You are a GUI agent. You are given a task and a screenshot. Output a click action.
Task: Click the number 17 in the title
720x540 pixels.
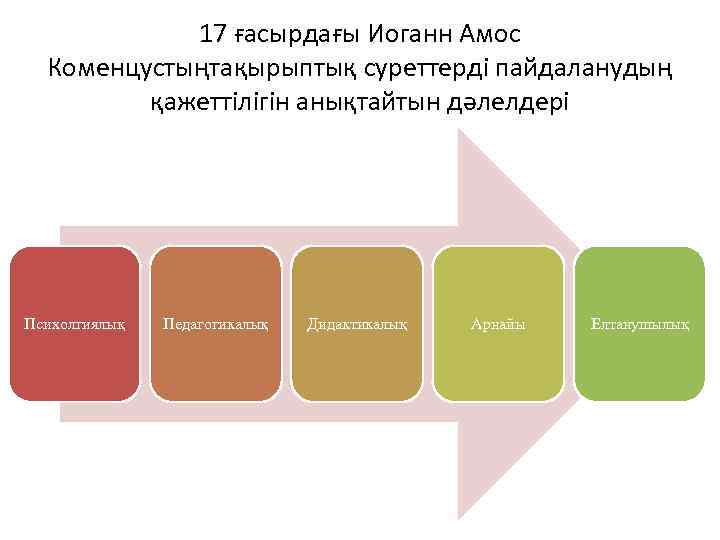coord(212,35)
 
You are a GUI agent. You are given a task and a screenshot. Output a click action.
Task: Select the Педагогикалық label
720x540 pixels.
coord(215,324)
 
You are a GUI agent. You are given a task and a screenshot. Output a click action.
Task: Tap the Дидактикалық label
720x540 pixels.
coord(357,324)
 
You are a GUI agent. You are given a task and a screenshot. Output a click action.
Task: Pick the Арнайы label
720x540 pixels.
coord(499,324)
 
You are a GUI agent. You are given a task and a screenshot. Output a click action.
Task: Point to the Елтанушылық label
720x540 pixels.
coord(640,324)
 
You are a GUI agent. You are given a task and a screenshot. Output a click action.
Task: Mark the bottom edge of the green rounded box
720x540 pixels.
coord(640,400)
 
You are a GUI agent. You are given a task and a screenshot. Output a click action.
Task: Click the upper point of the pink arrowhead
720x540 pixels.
coord(458,130)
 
